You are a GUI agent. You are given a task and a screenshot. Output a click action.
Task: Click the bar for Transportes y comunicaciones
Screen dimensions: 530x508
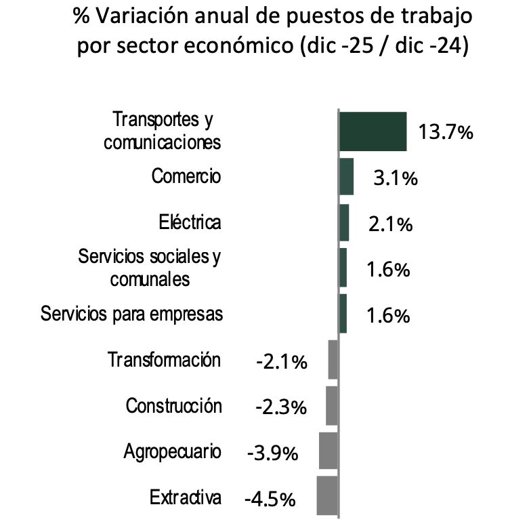coord(373,131)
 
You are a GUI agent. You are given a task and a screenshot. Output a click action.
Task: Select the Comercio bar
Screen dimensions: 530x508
coord(346,177)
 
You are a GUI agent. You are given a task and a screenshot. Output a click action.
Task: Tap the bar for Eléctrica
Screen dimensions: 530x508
coord(344,222)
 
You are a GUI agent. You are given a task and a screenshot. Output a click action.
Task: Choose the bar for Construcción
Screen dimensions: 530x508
coord(332,405)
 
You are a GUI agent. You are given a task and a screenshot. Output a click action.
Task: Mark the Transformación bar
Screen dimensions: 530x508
coord(333,359)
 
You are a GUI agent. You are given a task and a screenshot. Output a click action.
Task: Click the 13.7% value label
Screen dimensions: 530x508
coord(445,132)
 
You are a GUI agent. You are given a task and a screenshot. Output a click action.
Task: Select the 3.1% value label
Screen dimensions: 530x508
coord(395,179)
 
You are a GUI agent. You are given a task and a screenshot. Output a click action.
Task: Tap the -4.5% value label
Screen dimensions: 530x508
coord(270,500)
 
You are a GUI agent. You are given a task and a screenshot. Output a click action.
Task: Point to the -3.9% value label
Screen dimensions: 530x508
coord(272,453)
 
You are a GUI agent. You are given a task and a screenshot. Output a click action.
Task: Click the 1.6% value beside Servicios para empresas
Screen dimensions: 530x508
coord(388,316)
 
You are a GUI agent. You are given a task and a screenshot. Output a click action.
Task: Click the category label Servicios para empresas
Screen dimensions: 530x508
coord(131,314)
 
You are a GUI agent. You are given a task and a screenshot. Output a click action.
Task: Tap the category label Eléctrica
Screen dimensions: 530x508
coord(190,222)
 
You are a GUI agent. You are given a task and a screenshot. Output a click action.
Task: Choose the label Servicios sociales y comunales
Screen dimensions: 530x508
coord(150,268)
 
